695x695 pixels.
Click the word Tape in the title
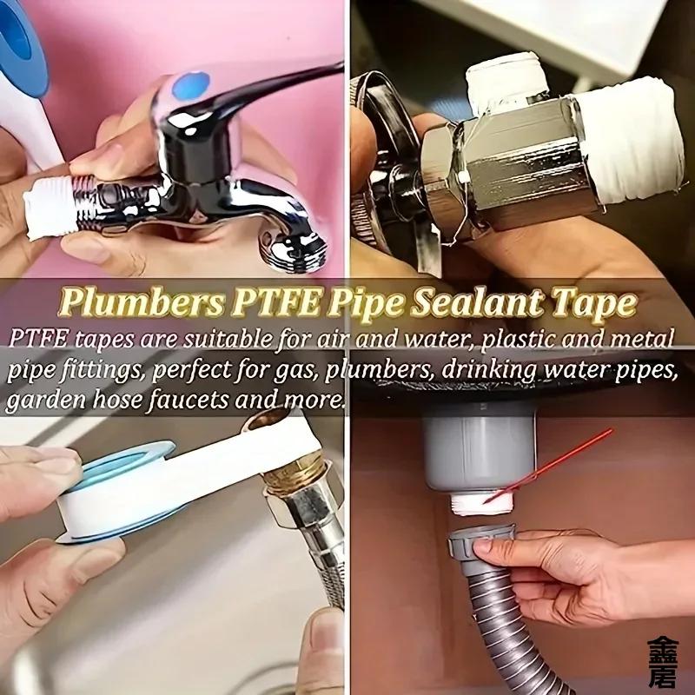coord(600,303)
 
